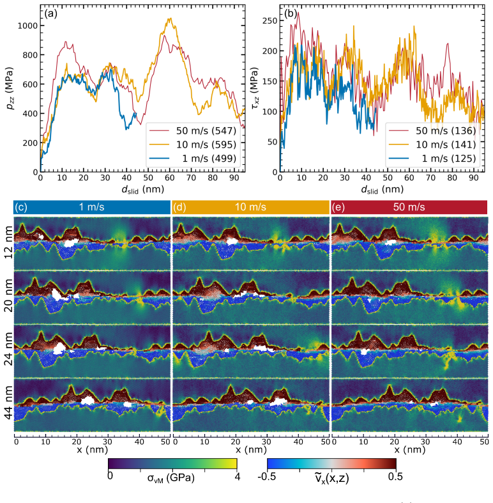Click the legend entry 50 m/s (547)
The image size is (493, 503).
(x=193, y=130)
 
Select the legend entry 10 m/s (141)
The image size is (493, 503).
(x=432, y=144)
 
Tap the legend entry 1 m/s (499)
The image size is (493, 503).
(x=193, y=159)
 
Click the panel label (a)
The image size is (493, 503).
(x=50, y=13)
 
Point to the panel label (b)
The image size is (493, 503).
(x=291, y=13)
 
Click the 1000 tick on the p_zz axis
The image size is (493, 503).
(x=27, y=26)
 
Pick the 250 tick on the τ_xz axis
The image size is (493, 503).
(x=269, y=20)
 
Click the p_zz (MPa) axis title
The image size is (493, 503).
(x=10, y=88)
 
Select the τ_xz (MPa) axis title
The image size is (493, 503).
(x=255, y=88)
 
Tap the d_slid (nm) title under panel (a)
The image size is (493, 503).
(x=142, y=190)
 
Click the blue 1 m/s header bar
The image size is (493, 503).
(x=92, y=207)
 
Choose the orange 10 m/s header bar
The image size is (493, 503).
(x=251, y=207)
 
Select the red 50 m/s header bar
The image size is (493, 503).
(x=409, y=207)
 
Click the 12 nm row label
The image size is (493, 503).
(x=8, y=242)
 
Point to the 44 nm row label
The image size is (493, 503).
(x=8, y=403)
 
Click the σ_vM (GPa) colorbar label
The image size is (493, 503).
(x=171, y=478)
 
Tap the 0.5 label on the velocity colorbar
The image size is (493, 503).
(x=395, y=476)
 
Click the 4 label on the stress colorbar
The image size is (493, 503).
(x=237, y=477)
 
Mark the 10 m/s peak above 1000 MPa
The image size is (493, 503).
(x=171, y=19)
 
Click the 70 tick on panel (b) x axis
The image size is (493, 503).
(x=430, y=178)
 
